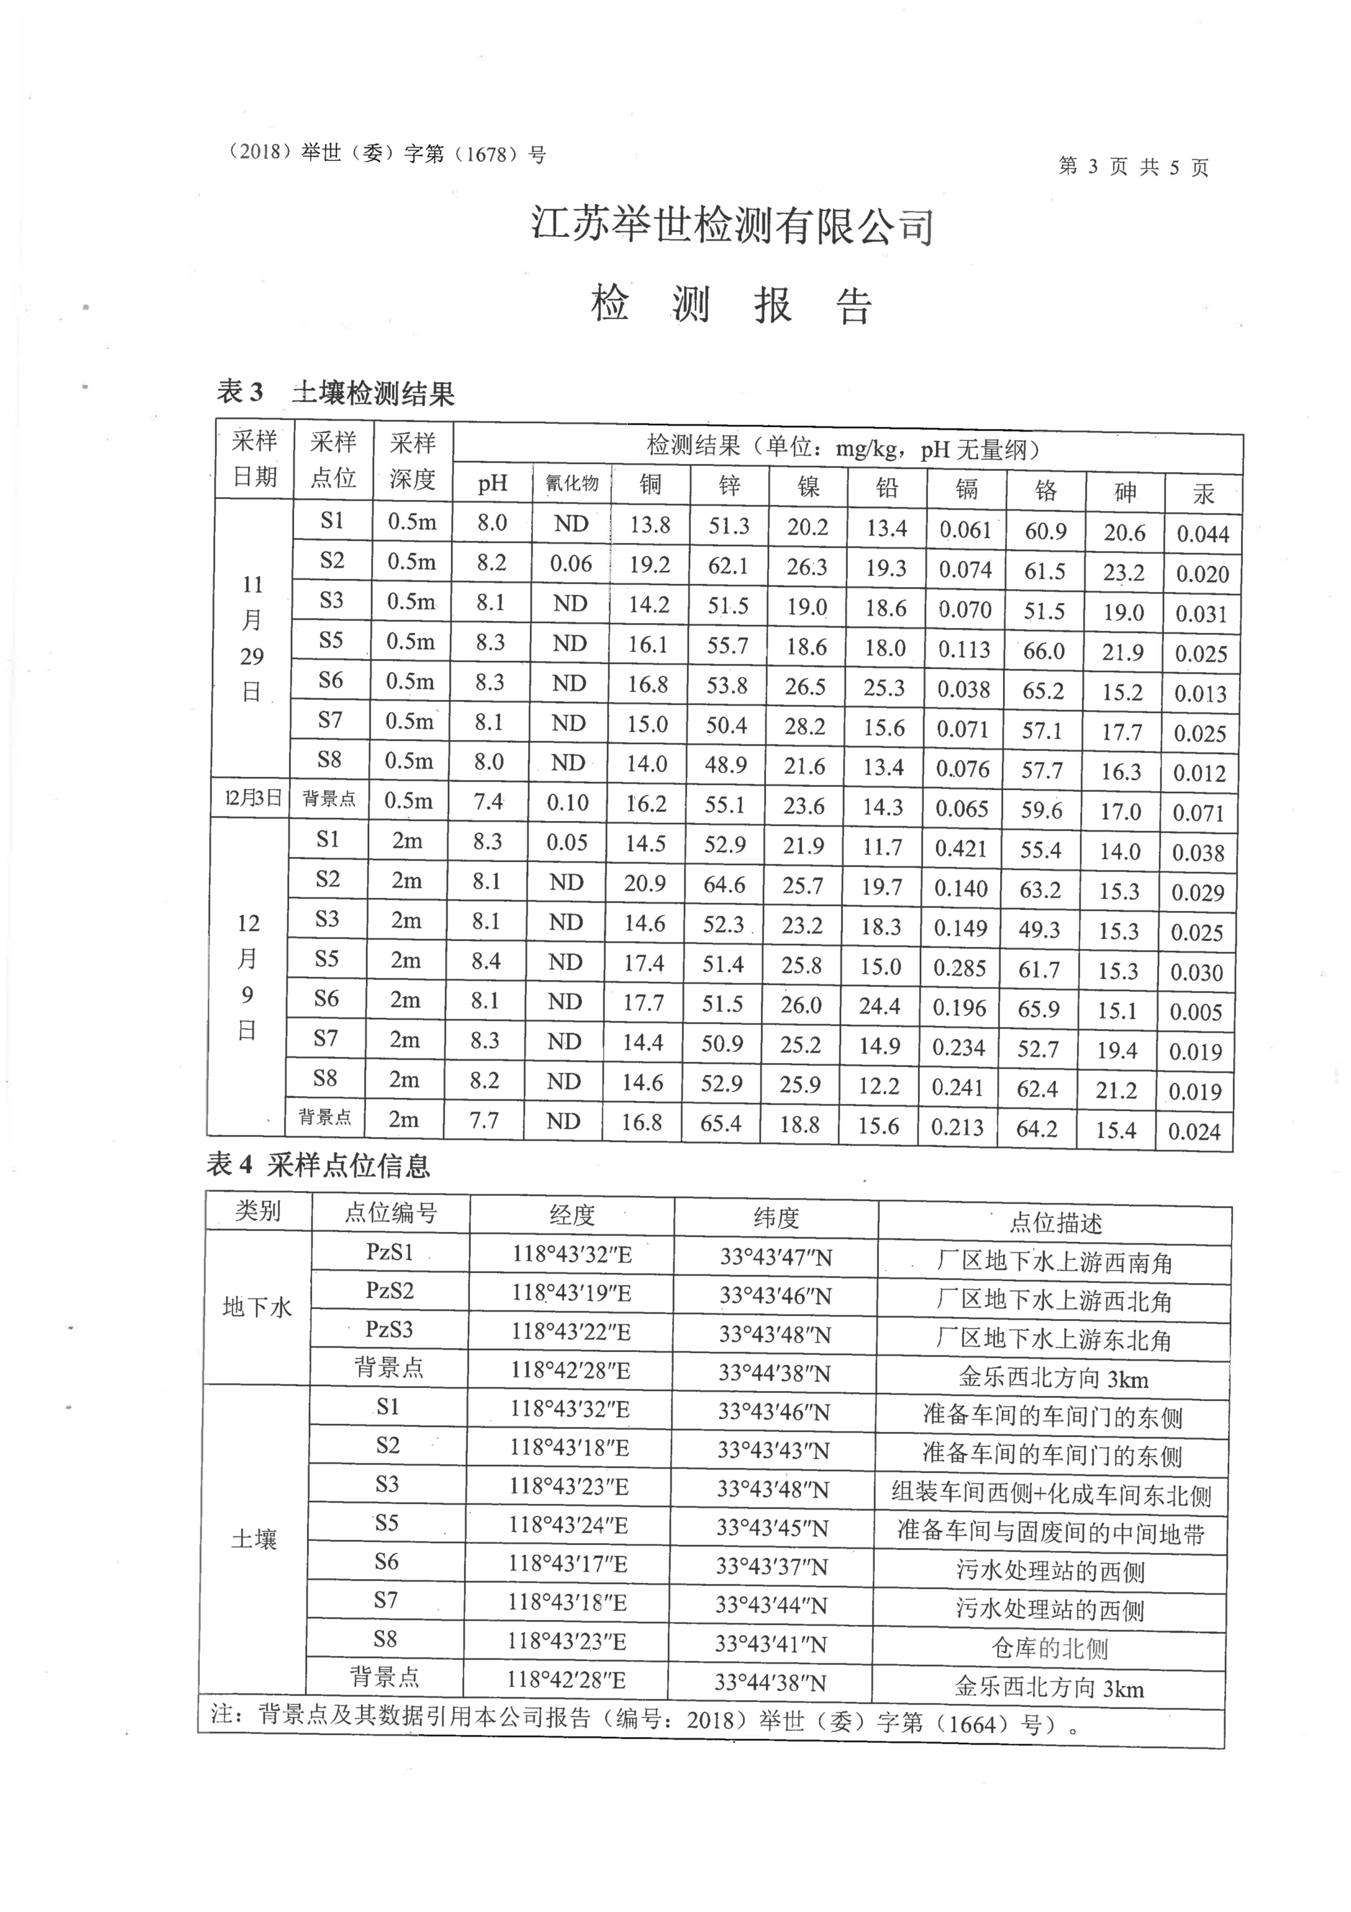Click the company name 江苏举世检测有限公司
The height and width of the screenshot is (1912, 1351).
coord(732,227)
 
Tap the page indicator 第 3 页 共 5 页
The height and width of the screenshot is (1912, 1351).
coord(1133,167)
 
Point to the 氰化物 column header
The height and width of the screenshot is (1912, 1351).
coord(572,484)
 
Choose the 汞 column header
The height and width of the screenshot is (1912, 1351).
coord(1204,494)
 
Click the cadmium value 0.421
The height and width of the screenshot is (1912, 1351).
coord(961,849)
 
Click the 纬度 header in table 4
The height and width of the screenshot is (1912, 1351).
coord(776,1218)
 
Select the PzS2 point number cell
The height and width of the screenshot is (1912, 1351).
coord(390,1291)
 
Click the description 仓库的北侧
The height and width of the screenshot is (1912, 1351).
coord(1050,1648)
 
